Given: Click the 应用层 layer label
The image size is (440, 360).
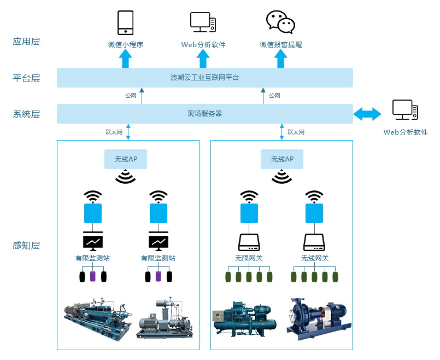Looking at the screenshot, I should click(x=26, y=42).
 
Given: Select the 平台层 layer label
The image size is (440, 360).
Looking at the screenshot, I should click(x=26, y=78).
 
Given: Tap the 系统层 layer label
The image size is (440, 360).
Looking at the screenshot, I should click(x=26, y=114).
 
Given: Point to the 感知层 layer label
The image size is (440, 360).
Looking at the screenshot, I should click(x=26, y=245).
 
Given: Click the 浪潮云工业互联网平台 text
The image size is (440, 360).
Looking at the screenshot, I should click(x=204, y=78).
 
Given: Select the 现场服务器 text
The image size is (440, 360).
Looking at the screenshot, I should click(x=204, y=114).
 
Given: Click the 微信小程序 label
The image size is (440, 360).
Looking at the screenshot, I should click(x=125, y=45).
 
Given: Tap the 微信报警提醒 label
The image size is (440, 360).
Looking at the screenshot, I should click(x=280, y=45).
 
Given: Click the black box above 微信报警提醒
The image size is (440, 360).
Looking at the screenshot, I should click(x=280, y=22).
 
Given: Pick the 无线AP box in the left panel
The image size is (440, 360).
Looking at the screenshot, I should click(x=126, y=159).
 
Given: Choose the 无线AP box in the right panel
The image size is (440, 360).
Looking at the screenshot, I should click(x=282, y=159).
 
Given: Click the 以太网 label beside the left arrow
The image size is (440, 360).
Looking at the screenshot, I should click(x=114, y=132).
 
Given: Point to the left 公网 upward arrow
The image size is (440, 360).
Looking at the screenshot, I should click(x=142, y=95).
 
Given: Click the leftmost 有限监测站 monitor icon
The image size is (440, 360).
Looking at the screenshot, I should click(x=92, y=241).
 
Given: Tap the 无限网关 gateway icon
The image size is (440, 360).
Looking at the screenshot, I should click(x=249, y=241).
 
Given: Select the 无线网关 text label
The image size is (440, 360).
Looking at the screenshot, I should click(x=314, y=258).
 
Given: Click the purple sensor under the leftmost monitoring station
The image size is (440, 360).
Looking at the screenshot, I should click(x=92, y=276).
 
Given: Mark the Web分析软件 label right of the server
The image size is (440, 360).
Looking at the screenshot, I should click(x=406, y=132).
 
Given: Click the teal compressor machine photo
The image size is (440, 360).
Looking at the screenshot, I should click(x=242, y=319).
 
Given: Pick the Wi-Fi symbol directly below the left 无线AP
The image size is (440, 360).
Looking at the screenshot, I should click(x=126, y=177).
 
